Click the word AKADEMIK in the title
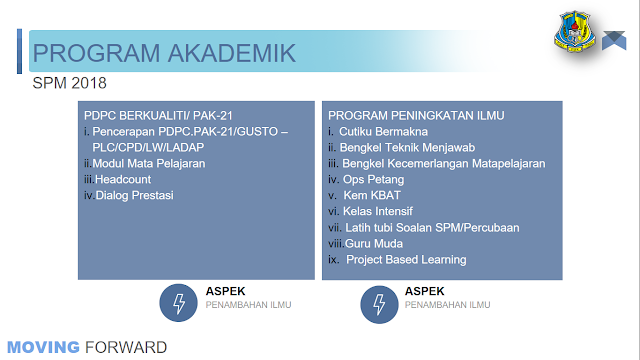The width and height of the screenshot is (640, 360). (231, 53)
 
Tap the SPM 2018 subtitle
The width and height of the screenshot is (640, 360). (69, 83)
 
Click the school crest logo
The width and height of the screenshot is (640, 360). (575, 31)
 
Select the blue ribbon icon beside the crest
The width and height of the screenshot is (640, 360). (614, 40)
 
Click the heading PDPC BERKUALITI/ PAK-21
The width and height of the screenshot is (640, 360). (158, 116)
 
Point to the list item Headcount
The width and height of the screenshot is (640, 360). (123, 180)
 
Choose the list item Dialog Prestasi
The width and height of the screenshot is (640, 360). (134, 196)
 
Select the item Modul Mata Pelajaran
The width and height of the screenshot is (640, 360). (149, 164)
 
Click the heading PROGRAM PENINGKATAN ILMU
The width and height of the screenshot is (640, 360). (416, 116)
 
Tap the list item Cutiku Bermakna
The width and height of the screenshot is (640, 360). (383, 132)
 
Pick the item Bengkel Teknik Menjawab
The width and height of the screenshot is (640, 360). (407, 148)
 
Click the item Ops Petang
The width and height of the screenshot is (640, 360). (373, 180)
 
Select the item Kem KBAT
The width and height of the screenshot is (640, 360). (372, 196)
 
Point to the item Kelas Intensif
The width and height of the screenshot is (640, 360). (378, 211)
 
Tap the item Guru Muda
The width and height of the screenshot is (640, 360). (373, 244)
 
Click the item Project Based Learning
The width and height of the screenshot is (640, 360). (406, 260)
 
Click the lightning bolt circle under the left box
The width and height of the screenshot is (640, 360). (178, 303)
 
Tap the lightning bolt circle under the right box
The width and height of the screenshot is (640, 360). (379, 304)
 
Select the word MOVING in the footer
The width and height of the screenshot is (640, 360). (43, 347)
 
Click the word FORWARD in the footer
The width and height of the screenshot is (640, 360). (126, 347)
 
